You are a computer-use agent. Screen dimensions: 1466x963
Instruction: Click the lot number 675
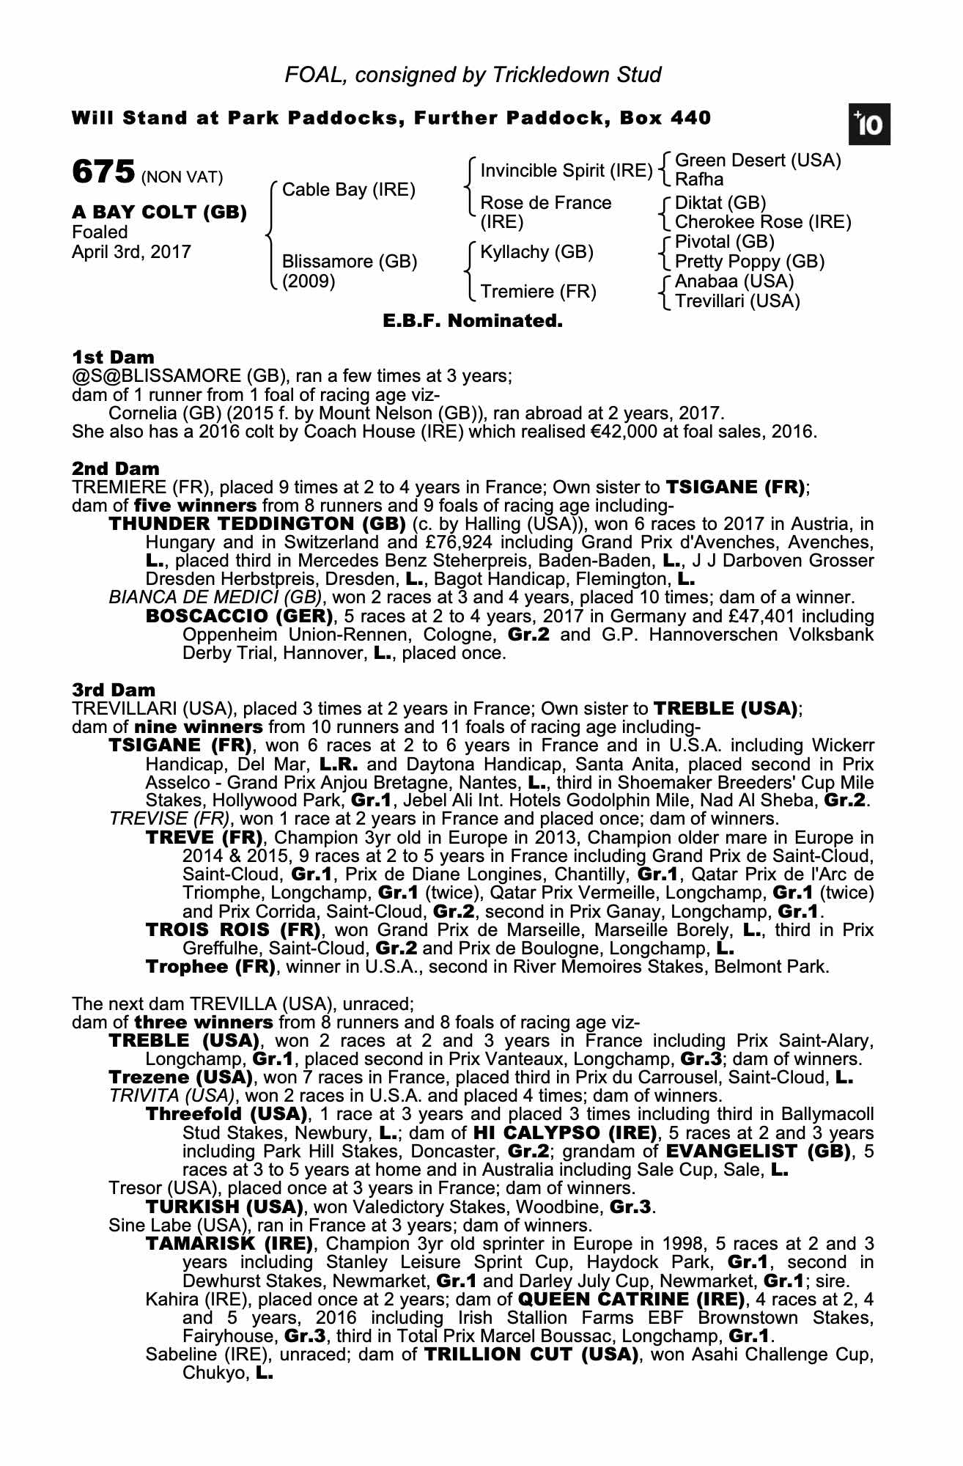(103, 172)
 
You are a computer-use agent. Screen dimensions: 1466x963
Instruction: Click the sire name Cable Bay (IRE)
(348, 190)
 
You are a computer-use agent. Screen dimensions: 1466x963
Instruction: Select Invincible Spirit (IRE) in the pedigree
(566, 171)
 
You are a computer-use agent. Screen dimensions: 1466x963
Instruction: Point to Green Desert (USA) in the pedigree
(758, 161)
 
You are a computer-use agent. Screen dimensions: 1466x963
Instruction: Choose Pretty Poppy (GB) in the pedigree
(749, 262)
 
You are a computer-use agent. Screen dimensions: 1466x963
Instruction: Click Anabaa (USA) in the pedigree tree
(734, 281)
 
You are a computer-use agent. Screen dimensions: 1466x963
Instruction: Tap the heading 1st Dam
(113, 357)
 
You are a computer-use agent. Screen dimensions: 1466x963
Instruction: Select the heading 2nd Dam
(115, 468)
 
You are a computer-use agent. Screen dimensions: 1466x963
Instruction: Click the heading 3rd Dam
(114, 690)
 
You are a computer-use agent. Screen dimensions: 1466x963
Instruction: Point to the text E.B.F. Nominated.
(473, 321)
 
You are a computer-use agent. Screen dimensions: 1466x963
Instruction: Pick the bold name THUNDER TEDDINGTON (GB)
(257, 524)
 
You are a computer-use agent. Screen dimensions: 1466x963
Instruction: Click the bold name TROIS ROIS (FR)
(234, 930)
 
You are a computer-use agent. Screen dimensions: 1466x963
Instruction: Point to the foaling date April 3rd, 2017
(131, 252)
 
